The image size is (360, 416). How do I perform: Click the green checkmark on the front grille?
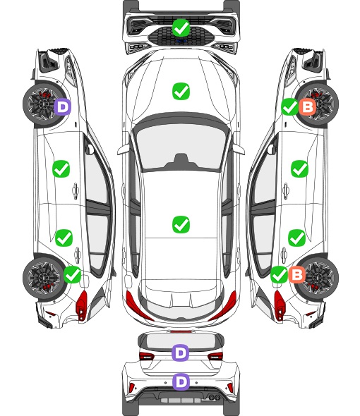coord(181,28)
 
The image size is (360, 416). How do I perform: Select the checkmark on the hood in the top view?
coord(181,92)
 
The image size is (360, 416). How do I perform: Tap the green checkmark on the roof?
coord(181,224)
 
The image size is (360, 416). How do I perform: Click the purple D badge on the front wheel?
coord(62,107)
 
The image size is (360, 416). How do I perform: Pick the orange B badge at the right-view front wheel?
coord(307,107)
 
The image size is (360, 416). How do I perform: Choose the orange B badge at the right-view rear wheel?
coord(296,274)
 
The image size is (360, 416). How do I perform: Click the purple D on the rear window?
coord(181,353)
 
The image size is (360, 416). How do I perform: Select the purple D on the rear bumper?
coord(181,382)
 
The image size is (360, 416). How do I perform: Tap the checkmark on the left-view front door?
coord(61,169)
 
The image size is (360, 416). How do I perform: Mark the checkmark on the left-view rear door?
coord(64,238)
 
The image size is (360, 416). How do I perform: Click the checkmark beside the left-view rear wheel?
coord(72,274)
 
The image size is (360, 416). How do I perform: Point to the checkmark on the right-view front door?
coord(300,169)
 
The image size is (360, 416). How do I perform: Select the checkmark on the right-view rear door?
coord(297,238)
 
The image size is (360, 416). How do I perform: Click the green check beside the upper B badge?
coord(289,107)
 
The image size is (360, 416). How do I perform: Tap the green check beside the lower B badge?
coord(279,274)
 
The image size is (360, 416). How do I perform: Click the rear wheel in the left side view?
coord(43,278)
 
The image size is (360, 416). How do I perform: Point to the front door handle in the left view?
coord(76,190)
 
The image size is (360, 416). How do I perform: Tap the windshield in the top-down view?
coord(181,147)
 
